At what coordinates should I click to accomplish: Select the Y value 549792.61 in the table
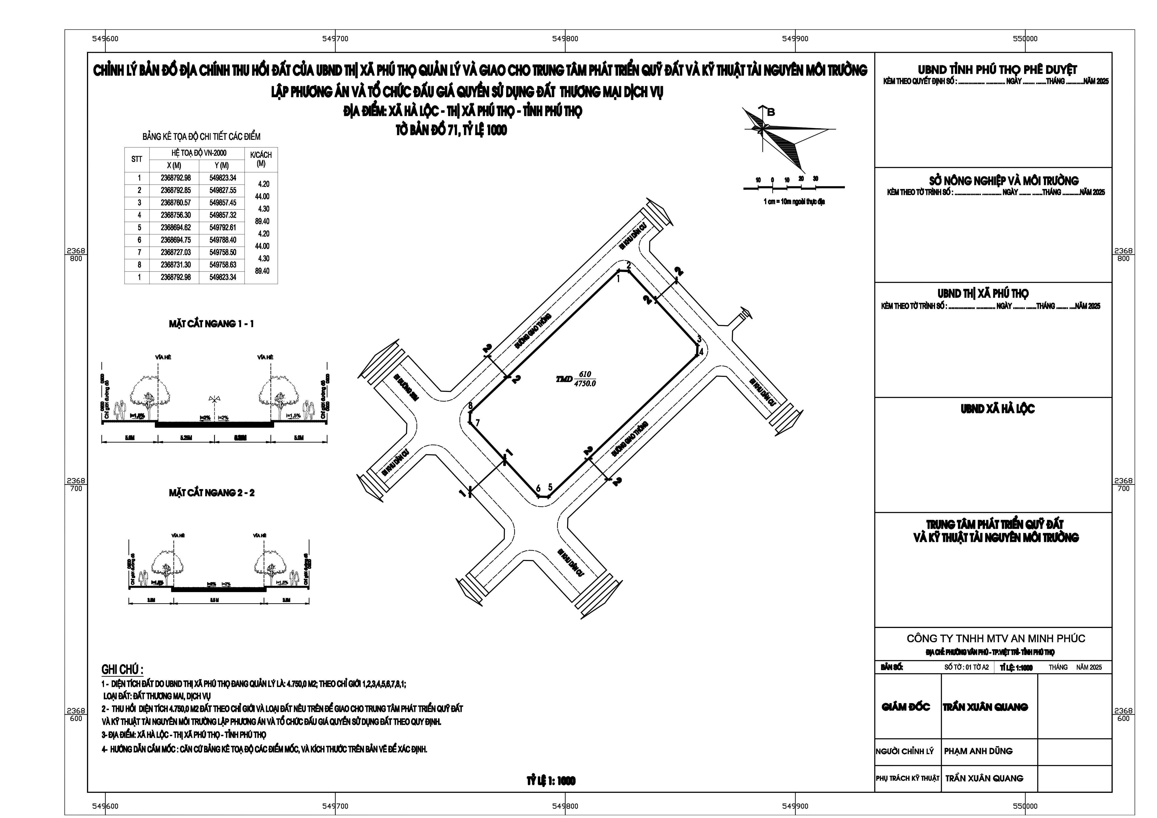(x=223, y=227)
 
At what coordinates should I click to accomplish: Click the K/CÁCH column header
(x=261, y=159)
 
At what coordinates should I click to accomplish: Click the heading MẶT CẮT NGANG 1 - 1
(x=211, y=324)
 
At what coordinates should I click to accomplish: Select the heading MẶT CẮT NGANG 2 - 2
(x=212, y=492)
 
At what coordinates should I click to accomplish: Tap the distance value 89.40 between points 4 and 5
(x=262, y=221)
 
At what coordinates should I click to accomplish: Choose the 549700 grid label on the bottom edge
(x=335, y=806)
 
